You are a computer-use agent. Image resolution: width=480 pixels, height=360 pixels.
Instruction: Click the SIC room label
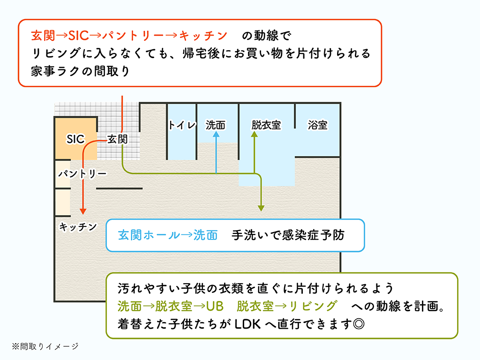pyautogui.click(x=75, y=139)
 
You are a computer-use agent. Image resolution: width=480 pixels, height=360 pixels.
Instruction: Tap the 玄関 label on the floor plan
pyautogui.click(x=117, y=139)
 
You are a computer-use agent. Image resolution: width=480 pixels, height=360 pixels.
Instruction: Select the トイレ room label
pyautogui.click(x=181, y=125)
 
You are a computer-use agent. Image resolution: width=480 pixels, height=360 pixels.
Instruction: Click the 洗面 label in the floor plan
pyautogui.click(x=216, y=125)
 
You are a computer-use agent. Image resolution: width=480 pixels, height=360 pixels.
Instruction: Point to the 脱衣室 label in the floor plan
pyautogui.click(x=266, y=125)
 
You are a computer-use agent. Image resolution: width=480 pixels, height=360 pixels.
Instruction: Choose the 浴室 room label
pyautogui.click(x=317, y=125)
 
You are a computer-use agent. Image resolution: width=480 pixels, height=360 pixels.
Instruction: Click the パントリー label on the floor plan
pyautogui.click(x=82, y=174)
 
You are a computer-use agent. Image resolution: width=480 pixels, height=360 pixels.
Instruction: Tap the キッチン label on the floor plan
pyautogui.click(x=78, y=227)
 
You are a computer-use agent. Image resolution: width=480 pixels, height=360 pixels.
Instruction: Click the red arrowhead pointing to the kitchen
pyautogui.click(x=83, y=211)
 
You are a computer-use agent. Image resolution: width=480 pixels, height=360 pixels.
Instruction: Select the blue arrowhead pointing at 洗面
pyautogui.click(x=216, y=134)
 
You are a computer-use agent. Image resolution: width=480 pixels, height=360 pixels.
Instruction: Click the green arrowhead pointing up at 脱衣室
pyautogui.click(x=255, y=134)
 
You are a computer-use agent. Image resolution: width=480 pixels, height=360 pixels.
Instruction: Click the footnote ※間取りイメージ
pyautogui.click(x=45, y=346)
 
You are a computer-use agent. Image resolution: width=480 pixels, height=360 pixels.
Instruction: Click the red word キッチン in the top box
pyautogui.click(x=203, y=36)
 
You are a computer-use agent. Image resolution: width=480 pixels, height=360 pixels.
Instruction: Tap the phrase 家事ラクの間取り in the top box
pyautogui.click(x=80, y=72)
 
